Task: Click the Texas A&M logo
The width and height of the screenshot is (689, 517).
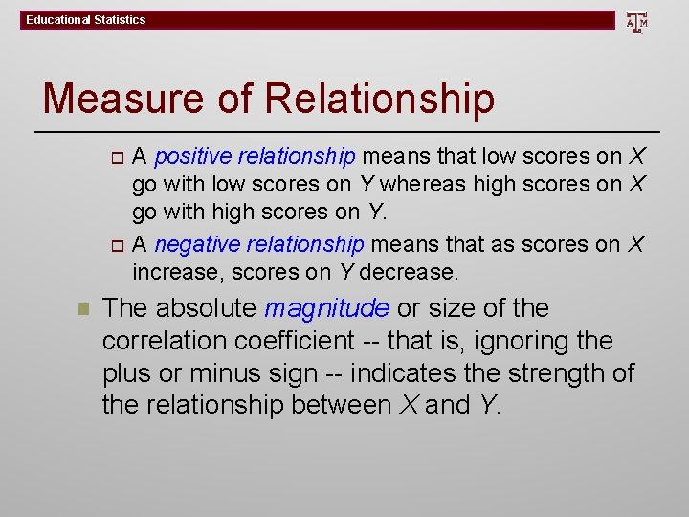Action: [x=636, y=21]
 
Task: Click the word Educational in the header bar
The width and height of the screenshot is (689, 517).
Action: [x=58, y=20]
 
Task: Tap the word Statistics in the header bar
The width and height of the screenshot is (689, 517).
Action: [x=120, y=20]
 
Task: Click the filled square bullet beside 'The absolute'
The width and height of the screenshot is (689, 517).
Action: [x=82, y=310]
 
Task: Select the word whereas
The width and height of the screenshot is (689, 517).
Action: [x=414, y=184]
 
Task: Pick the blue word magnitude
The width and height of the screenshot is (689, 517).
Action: [x=326, y=308]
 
